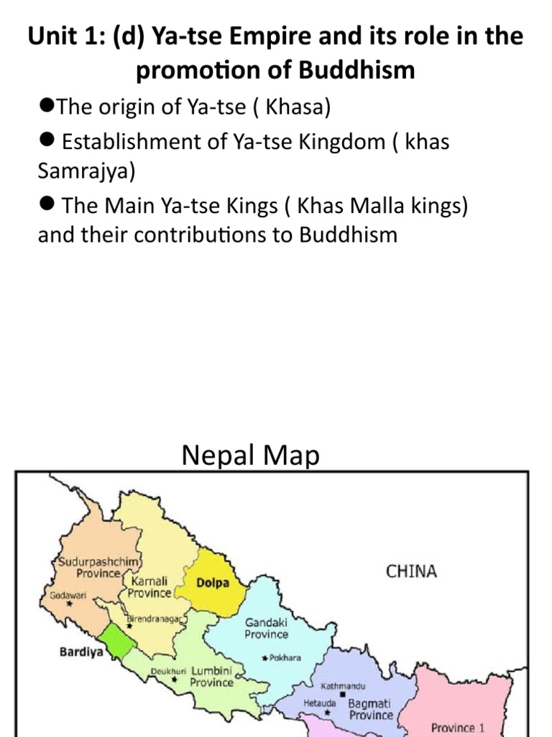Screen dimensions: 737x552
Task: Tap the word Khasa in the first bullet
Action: point(297,107)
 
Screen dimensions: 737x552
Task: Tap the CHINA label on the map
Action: point(411,571)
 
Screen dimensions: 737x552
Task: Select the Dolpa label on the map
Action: point(213,583)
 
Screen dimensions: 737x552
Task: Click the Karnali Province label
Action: point(150,587)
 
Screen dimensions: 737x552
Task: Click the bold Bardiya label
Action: point(80,654)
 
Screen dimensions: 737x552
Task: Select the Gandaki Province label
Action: point(267,628)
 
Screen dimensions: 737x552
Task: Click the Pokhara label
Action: point(285,657)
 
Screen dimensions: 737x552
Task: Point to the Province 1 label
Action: point(458,727)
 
